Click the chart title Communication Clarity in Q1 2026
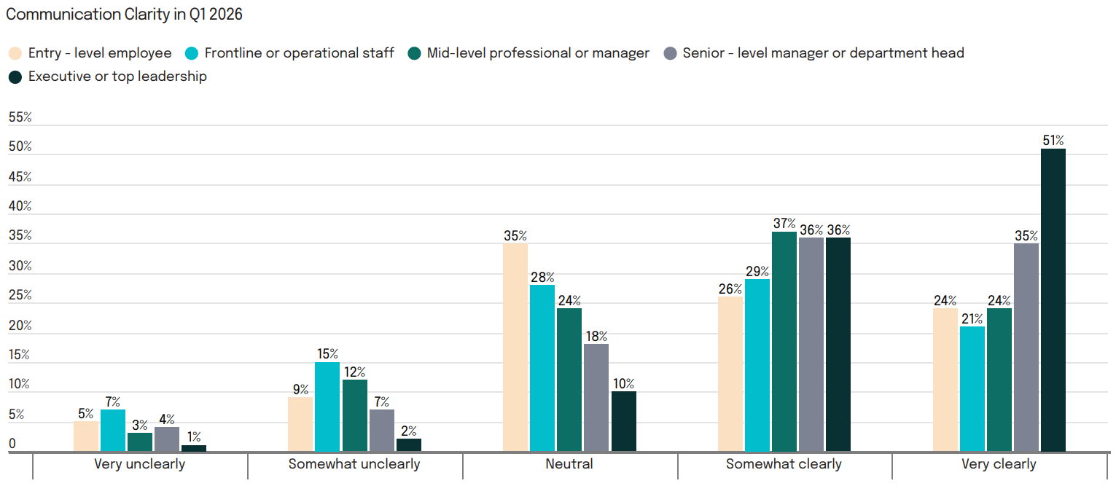(x=124, y=15)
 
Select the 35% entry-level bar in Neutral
(x=515, y=348)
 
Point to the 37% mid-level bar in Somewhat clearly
(x=784, y=342)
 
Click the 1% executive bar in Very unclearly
(x=194, y=448)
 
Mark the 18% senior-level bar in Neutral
(x=596, y=398)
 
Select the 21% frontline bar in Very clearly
(x=972, y=389)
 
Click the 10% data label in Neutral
(x=623, y=384)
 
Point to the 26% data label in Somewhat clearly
(x=730, y=289)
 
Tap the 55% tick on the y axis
(x=20, y=117)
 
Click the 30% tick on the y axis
(x=20, y=266)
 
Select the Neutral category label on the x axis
(x=569, y=464)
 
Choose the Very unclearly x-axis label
(x=140, y=464)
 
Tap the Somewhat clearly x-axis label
(x=784, y=464)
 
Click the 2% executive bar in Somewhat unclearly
(x=409, y=445)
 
